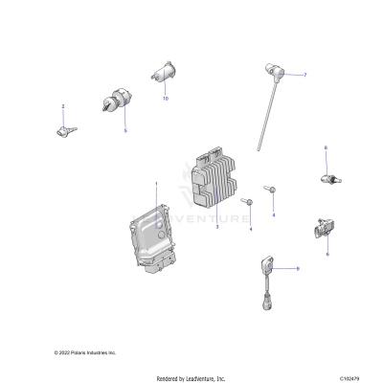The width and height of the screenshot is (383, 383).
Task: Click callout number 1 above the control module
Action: click(158, 182)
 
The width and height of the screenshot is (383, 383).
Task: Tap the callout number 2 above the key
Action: click(63, 106)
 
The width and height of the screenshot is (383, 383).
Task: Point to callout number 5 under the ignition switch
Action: click(124, 131)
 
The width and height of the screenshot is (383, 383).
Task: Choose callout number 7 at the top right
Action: click(304, 75)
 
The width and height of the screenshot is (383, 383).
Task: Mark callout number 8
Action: click(326, 147)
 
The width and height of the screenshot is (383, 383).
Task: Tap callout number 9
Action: click(297, 270)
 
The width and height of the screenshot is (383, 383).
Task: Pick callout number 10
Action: click(165, 99)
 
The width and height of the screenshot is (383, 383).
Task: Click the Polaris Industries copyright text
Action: click(84, 352)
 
